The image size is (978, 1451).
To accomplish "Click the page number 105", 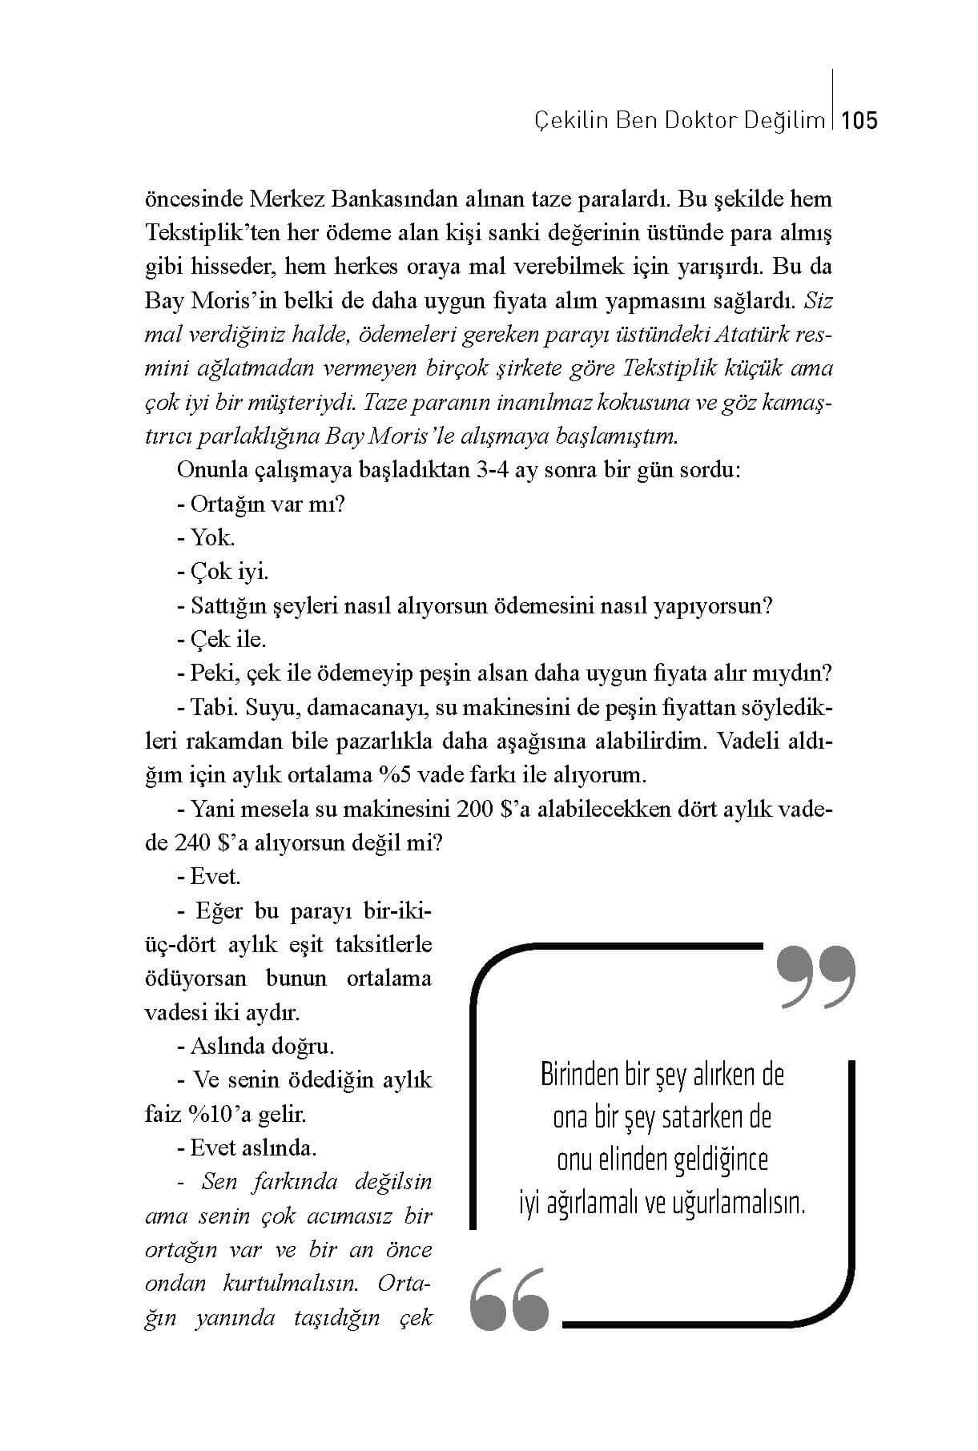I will click(860, 121).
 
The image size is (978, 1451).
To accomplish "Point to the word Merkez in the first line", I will click(285, 199).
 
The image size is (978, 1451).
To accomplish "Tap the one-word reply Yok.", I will click(212, 537).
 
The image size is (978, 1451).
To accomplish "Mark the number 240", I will click(192, 842).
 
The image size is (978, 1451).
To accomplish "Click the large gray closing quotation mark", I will click(815, 976).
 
